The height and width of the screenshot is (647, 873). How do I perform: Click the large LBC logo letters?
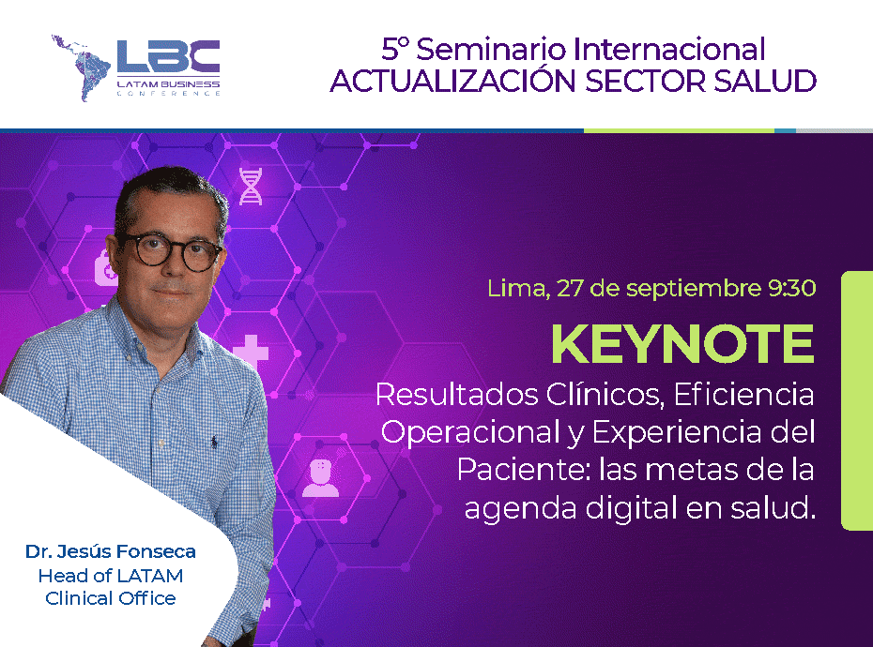[x=168, y=57]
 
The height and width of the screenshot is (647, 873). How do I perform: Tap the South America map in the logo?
[x=81, y=68]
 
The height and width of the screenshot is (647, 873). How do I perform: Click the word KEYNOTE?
[x=682, y=344]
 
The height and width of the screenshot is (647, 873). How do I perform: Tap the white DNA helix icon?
[x=251, y=187]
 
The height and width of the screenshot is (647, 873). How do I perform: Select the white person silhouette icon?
[x=320, y=478]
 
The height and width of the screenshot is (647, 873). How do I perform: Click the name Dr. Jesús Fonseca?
[x=110, y=551]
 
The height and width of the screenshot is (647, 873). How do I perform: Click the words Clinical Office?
[x=110, y=598]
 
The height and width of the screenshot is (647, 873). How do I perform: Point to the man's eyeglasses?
[x=170, y=252]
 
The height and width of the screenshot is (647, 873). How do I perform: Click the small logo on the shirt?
[x=214, y=443]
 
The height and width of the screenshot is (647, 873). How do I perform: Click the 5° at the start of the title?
[x=395, y=49]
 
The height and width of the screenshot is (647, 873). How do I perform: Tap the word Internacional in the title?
[x=669, y=49]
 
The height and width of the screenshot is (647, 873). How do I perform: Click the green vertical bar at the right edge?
[x=857, y=400]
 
